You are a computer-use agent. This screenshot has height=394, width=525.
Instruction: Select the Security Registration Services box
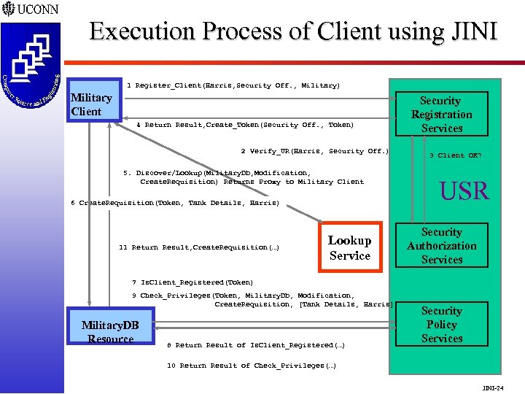coord(441,115)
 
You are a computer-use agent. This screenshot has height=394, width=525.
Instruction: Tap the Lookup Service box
coord(349,247)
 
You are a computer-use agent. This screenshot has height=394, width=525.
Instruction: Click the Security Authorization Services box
coord(441,246)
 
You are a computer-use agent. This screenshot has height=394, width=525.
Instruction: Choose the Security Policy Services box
coord(441,325)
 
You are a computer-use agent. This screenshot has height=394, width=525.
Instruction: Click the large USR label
coord(464,191)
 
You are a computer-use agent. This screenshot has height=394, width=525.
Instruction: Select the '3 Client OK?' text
coord(455,155)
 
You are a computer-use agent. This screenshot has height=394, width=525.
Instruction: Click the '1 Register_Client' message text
coord(233,85)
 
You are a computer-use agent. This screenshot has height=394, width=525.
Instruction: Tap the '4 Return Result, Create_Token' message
coord(244,125)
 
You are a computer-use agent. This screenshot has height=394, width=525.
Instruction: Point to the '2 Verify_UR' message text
coord(315,151)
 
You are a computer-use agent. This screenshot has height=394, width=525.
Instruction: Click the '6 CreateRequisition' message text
coord(175,203)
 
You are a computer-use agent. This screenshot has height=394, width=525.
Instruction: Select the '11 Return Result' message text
coord(198,248)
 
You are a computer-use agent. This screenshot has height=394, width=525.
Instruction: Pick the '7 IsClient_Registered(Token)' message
coord(192,282)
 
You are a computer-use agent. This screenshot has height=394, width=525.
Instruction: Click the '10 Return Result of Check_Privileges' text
coord(252,366)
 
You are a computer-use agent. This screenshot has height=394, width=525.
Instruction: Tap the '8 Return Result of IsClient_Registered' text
coord(255,345)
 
